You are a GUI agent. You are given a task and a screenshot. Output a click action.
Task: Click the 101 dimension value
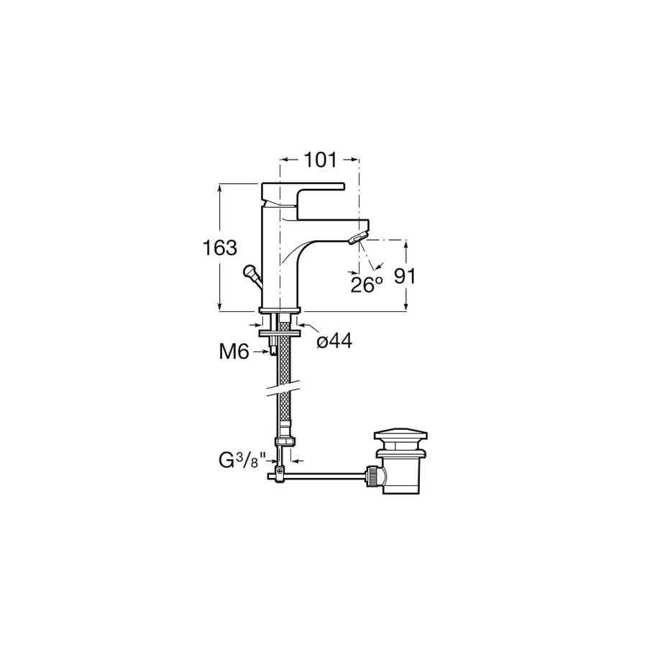(x=320, y=160)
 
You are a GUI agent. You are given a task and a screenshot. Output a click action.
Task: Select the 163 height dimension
(x=219, y=247)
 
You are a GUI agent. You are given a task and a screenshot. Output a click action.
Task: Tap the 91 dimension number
(x=404, y=276)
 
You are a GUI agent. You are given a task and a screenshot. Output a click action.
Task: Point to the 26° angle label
(x=367, y=285)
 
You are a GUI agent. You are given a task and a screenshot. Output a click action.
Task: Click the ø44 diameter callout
(x=334, y=341)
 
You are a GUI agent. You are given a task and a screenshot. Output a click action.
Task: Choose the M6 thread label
(x=234, y=352)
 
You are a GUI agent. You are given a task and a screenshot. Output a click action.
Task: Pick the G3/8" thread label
(x=244, y=461)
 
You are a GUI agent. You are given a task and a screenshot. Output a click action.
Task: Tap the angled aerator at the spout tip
(x=358, y=238)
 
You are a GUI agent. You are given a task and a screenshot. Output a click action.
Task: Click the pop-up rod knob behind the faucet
(x=249, y=272)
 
